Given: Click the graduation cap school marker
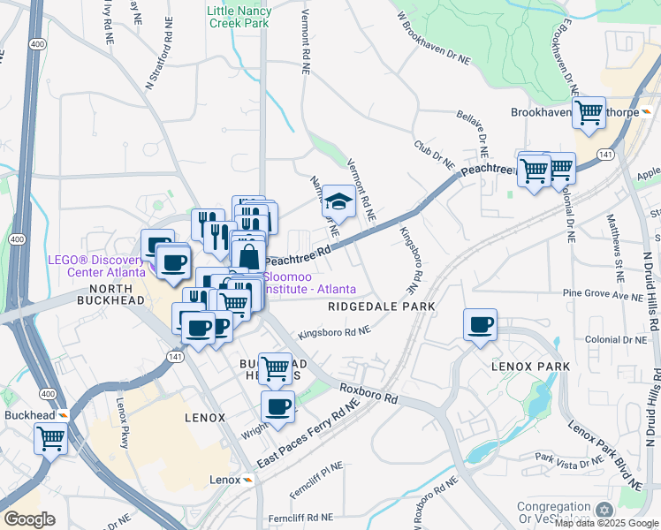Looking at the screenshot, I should (x=338, y=202).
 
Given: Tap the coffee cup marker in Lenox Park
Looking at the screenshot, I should (x=480, y=325).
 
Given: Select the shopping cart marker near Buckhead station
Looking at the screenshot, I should (x=50, y=437).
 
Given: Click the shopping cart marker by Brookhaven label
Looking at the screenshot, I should (x=589, y=113).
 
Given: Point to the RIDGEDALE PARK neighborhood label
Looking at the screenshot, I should (x=382, y=307).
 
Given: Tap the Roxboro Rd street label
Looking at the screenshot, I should (x=366, y=392).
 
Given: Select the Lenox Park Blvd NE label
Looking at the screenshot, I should (x=605, y=456).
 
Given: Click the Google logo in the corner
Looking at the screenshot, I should (x=29, y=519).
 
